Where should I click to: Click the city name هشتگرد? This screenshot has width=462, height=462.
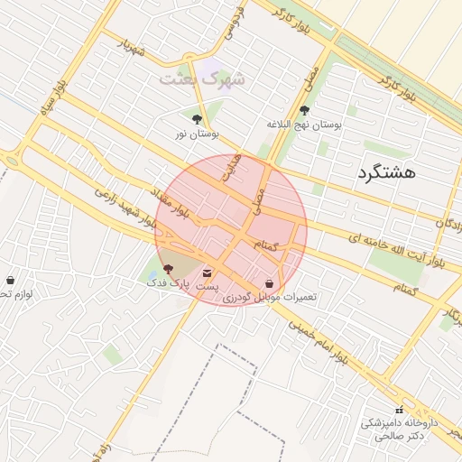[x=385, y=171]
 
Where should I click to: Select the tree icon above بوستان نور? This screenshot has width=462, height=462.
[x=197, y=117]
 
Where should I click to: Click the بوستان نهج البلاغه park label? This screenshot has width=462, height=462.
[x=304, y=125]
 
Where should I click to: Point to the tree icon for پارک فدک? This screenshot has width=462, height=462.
[x=169, y=269]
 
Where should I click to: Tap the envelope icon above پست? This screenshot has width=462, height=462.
[x=208, y=271]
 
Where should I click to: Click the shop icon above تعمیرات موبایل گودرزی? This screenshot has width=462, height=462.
[x=270, y=282]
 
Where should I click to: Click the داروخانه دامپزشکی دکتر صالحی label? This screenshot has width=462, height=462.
[x=399, y=429]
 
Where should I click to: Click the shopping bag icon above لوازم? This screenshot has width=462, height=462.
[x=10, y=281]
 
